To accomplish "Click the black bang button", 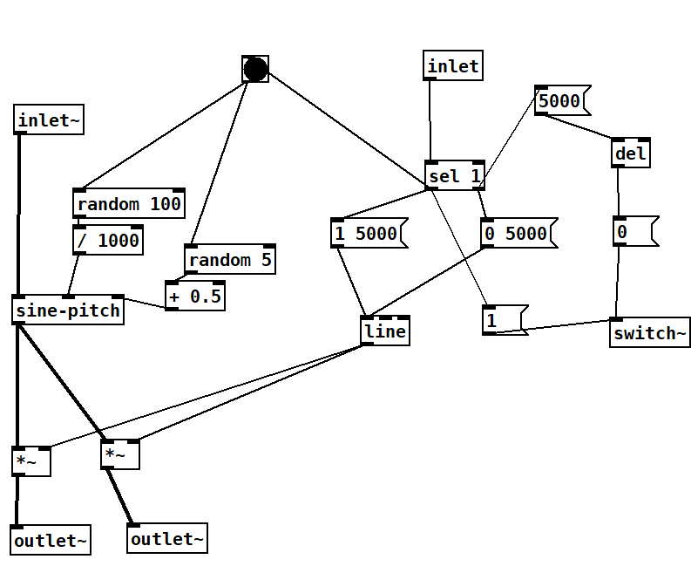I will tap(255, 69).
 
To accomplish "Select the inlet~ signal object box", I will tap(49, 120).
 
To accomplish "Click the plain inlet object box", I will tap(453, 66).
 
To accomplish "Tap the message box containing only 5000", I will tap(559, 101).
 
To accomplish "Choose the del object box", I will tap(631, 154).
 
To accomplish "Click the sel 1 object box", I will tap(454, 176).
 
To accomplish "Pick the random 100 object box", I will tap(129, 204).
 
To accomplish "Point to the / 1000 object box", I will tap(108, 240).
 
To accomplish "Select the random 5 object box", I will tap(230, 260).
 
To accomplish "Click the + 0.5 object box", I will tap(194, 296).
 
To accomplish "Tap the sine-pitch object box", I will tap(68, 310).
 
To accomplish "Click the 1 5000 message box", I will tap(365, 233).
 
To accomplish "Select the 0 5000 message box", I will tap(515, 233).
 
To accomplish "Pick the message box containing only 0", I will tap(631, 232).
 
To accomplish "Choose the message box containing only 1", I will tap(503, 320).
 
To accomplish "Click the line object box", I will tap(384, 331).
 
